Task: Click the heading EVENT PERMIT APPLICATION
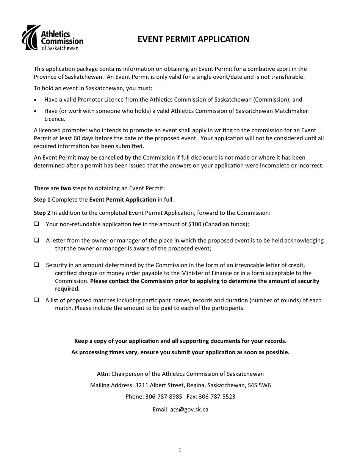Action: pyautogui.click(x=193, y=39)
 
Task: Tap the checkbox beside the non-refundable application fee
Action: pyautogui.click(x=37, y=224)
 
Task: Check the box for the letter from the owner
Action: pyautogui.click(x=37, y=240)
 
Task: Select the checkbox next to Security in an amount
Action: pyautogui.click(x=37, y=265)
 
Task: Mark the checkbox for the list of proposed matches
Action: pyautogui.click(x=37, y=300)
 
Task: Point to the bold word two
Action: pyautogui.click(x=66, y=188)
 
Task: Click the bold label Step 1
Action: pyautogui.click(x=42, y=199)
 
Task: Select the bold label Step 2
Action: pyautogui.click(x=42, y=213)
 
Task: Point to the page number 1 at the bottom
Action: pyautogui.click(x=180, y=450)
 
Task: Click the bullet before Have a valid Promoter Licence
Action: pyautogui.click(x=36, y=100)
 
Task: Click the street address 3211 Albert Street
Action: pyautogui.click(x=159, y=385)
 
